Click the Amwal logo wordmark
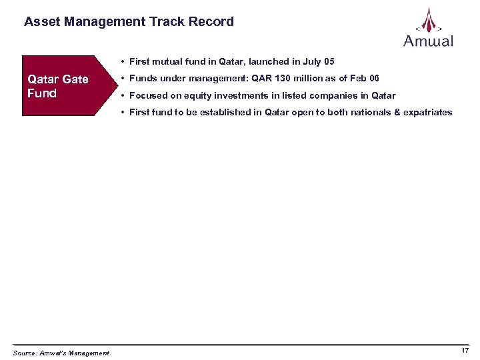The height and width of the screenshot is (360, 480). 428,41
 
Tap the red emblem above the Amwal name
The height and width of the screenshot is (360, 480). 428,20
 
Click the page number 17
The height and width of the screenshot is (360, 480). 465,351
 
